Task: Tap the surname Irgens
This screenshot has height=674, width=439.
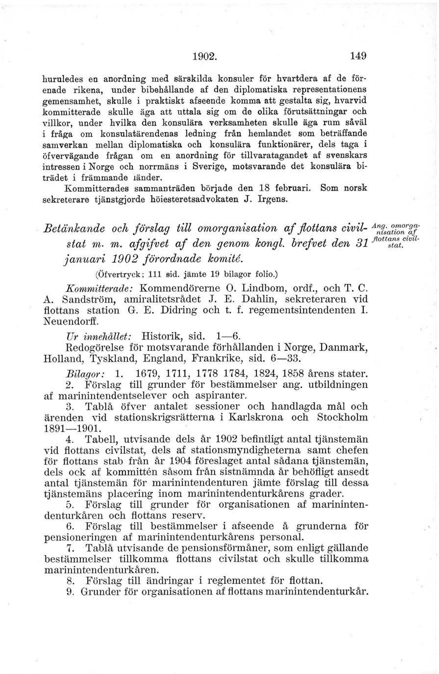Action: pyautogui.click(x=273, y=199)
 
